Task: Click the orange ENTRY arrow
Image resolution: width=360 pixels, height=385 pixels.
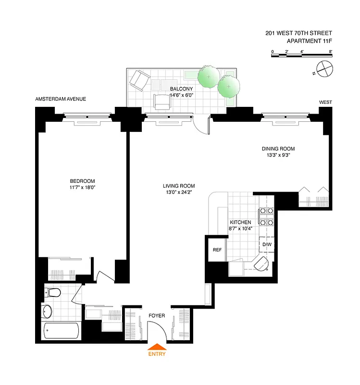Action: pyautogui.click(x=157, y=347)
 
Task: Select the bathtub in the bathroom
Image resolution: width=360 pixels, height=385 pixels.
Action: pyautogui.click(x=61, y=331)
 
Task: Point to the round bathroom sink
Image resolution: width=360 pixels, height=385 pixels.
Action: pyautogui.click(x=48, y=312)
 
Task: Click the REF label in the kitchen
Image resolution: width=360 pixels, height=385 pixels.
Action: pyautogui.click(x=217, y=250)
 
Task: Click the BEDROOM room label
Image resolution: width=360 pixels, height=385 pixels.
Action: pyautogui.click(x=82, y=181)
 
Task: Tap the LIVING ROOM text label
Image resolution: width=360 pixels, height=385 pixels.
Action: pyautogui.click(x=178, y=186)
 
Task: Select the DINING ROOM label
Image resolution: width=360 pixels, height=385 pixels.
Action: pyautogui.click(x=278, y=149)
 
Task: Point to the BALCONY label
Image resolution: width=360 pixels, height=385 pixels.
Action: pyautogui.click(x=181, y=89)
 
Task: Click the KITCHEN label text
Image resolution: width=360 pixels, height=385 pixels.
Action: pyautogui.click(x=240, y=222)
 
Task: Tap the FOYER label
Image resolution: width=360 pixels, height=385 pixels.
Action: pyautogui.click(x=157, y=316)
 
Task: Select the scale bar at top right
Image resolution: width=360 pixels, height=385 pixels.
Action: pyautogui.click(x=301, y=55)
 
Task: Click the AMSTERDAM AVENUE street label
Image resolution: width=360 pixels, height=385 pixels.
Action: pyautogui.click(x=61, y=99)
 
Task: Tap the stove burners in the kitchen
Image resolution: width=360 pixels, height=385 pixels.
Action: pyautogui.click(x=266, y=216)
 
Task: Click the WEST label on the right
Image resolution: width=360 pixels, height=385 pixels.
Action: pyautogui.click(x=325, y=103)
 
